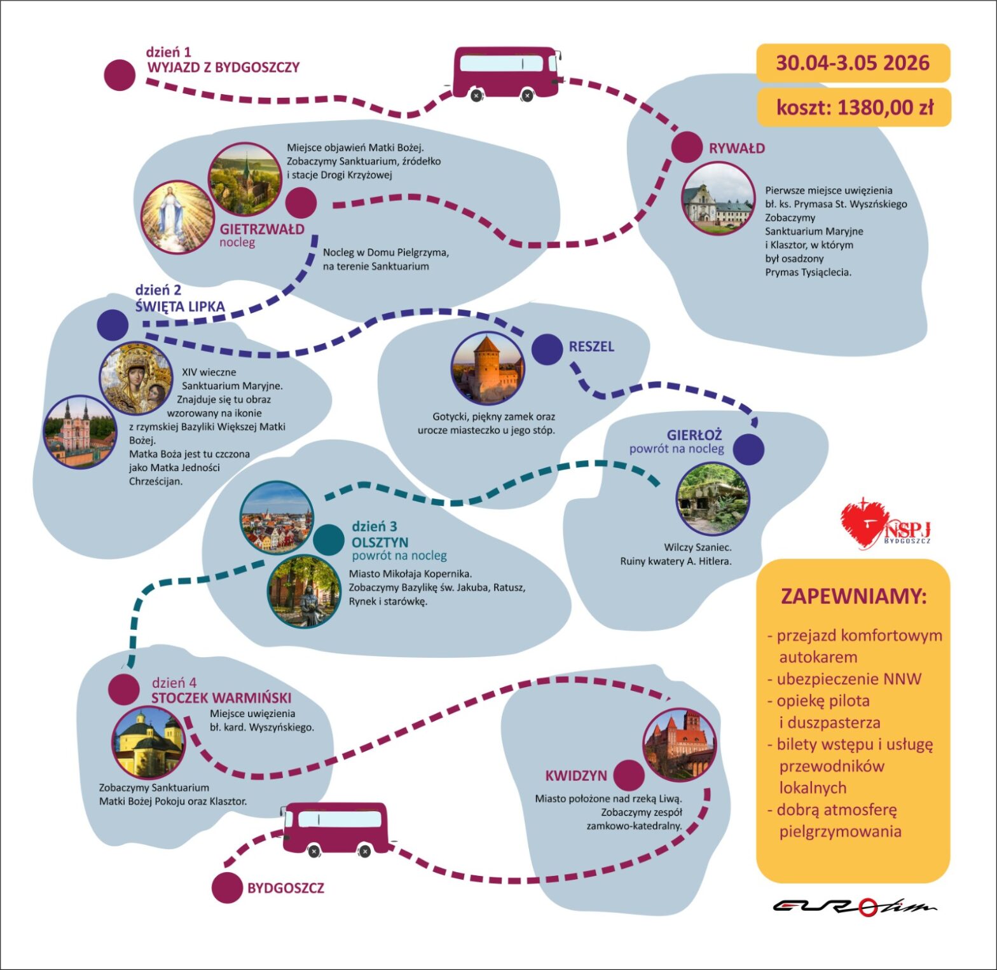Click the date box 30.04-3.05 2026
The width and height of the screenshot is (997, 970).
pyautogui.click(x=853, y=63)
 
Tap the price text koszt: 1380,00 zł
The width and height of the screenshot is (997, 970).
pyautogui.click(x=855, y=107)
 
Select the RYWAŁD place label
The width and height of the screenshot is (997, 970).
pyautogui.click(x=737, y=148)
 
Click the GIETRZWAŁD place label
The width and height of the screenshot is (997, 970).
pyautogui.click(x=262, y=229)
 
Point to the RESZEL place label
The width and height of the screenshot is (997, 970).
pyautogui.click(x=591, y=346)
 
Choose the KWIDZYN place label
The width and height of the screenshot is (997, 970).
pyautogui.click(x=576, y=775)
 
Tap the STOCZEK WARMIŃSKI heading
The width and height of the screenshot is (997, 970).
pyautogui.click(x=221, y=697)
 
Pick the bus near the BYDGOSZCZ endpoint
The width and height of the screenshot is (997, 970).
pyautogui.click(x=336, y=829)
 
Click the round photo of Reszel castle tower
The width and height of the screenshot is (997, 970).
pyautogui.click(x=488, y=369)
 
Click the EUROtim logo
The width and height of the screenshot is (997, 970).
pyautogui.click(x=855, y=906)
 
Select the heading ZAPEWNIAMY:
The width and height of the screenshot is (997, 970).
pyautogui.click(x=853, y=597)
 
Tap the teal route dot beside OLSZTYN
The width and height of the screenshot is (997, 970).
pyautogui.click(x=329, y=540)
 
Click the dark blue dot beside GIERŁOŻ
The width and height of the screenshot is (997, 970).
pyautogui.click(x=748, y=449)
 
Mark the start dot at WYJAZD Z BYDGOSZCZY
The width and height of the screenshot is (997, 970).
pyautogui.click(x=120, y=75)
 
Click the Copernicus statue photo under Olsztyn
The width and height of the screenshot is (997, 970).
pyautogui.click(x=304, y=592)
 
